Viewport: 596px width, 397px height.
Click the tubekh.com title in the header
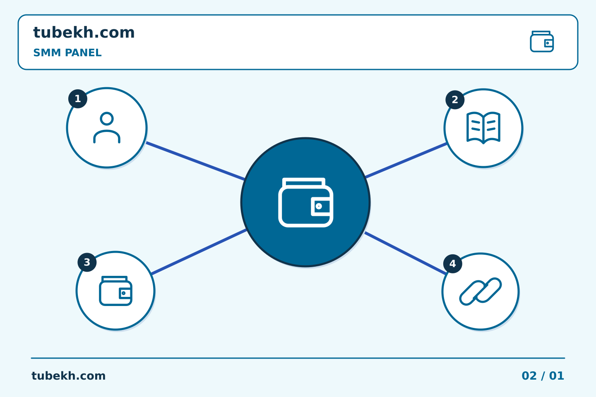[x=84, y=32]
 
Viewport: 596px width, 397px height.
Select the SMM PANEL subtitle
[x=67, y=53]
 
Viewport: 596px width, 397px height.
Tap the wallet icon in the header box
[x=542, y=41]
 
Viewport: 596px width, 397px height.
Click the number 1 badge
[x=78, y=99]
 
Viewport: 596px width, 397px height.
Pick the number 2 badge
[x=455, y=100]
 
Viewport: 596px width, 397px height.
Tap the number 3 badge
[x=87, y=262]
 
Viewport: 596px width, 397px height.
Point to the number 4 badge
[x=453, y=263]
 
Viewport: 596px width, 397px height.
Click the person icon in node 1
[x=107, y=128]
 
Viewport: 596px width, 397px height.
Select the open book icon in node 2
[x=483, y=128]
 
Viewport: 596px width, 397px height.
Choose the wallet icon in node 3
[x=115, y=291]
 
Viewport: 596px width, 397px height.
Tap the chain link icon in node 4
[x=481, y=292]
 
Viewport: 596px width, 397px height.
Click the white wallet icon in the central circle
[x=306, y=202]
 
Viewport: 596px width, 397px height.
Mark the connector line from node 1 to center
[x=195, y=161]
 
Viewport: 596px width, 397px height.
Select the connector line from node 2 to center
[x=406, y=160]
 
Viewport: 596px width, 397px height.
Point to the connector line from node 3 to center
[x=199, y=251]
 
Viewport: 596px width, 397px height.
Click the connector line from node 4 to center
[x=405, y=253]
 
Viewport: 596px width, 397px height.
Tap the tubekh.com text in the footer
[x=68, y=376]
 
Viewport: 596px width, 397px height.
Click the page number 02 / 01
[x=543, y=376]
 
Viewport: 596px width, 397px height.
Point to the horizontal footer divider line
[x=298, y=358]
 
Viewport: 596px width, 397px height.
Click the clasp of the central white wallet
[x=321, y=206]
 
